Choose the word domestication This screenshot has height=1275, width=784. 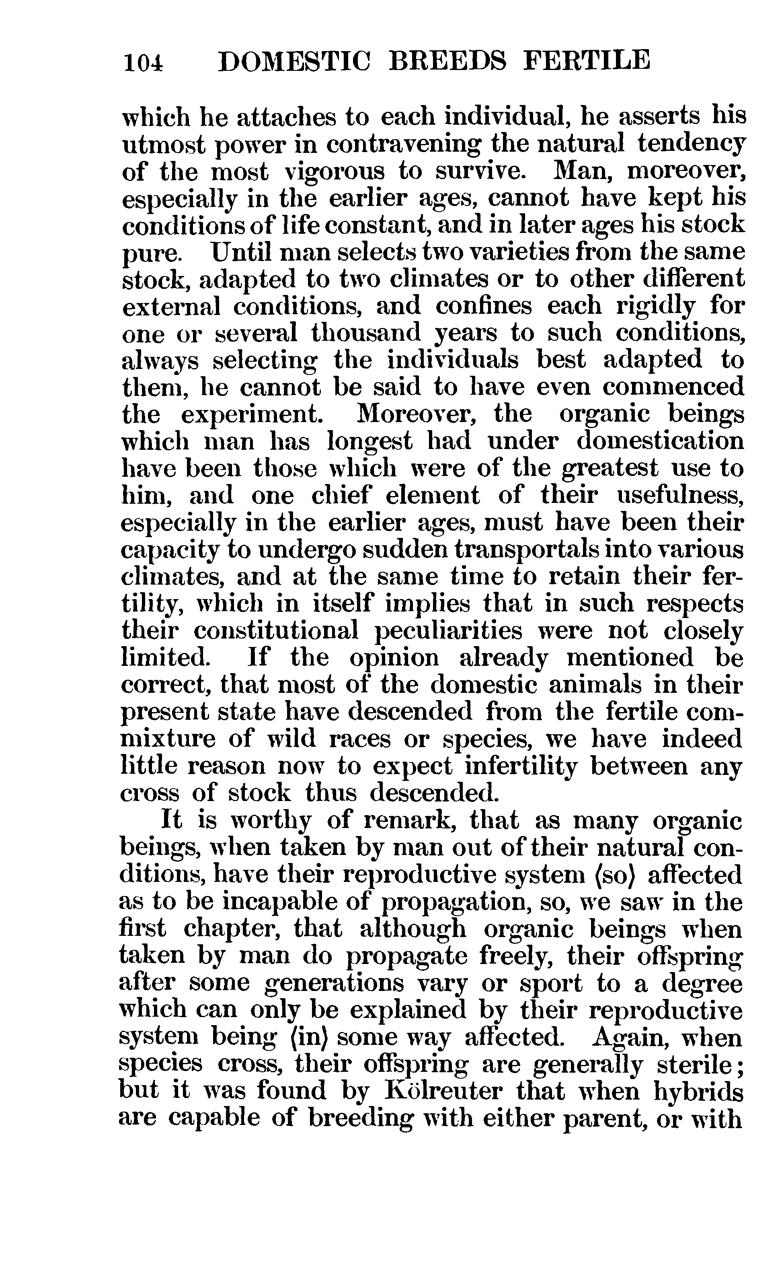coord(660,441)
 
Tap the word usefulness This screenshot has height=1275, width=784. coord(680,495)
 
